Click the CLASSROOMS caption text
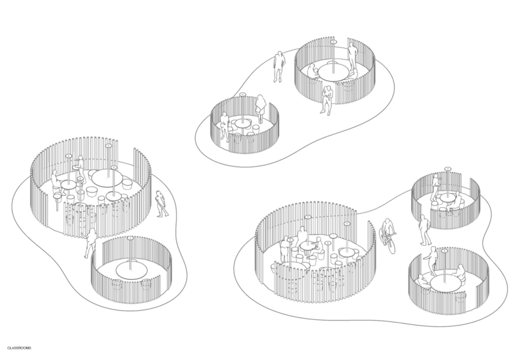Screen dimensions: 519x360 19,348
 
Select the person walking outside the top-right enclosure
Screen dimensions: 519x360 279,66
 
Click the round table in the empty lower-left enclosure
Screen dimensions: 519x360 132,269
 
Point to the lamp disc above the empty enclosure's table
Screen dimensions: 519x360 130,238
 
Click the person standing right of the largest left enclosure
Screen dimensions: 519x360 161,204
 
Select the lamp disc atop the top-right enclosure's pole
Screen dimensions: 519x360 333,42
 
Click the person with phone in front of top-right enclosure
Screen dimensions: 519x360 326,100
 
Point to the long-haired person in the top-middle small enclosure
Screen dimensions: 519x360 261,109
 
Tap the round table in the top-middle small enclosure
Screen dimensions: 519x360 243,124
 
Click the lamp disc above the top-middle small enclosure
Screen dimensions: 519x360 243,94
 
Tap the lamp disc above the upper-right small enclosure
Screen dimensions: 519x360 447,169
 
